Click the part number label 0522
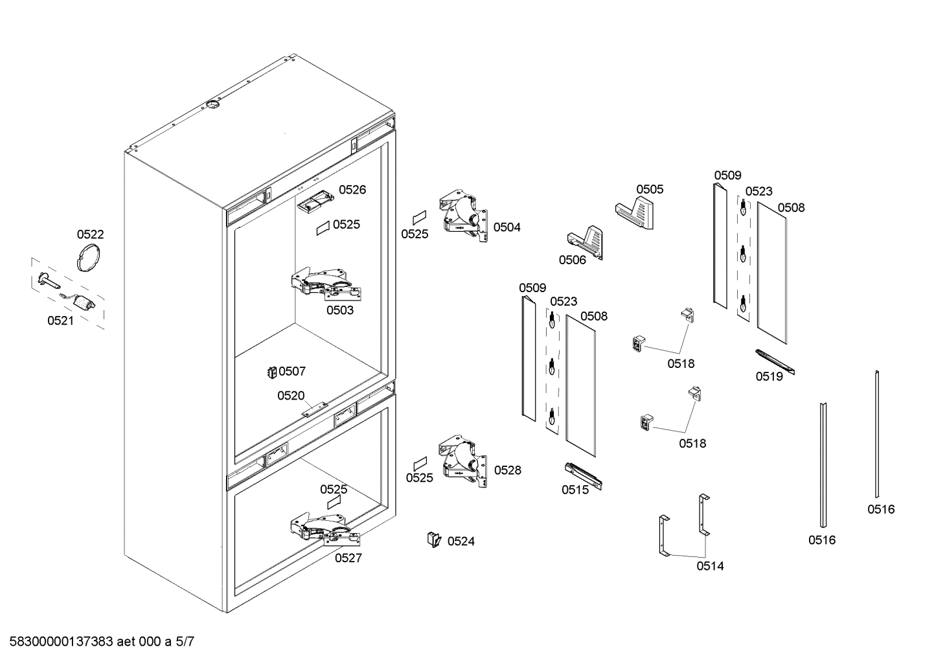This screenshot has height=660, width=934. (90, 234)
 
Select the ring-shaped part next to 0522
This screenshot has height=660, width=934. (89, 258)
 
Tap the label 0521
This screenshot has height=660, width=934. (60, 321)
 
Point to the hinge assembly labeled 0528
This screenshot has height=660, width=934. (462, 461)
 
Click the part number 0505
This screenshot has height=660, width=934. (649, 189)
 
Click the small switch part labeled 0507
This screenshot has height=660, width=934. (272, 372)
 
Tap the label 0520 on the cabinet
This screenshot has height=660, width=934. (291, 396)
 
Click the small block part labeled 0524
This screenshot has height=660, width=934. (433, 539)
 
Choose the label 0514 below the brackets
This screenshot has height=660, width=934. (710, 566)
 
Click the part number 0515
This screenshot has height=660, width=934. (575, 490)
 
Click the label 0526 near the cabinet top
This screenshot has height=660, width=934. (352, 190)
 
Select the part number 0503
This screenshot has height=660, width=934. (339, 310)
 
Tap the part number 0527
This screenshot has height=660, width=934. (348, 558)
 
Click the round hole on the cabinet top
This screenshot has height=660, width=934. (212, 104)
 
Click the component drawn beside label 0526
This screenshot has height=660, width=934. (317, 200)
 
